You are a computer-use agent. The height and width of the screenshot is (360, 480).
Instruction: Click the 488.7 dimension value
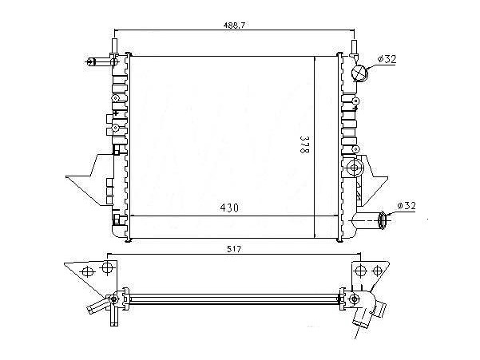tap(234, 26)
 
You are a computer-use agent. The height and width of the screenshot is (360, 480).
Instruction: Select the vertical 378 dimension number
tap(303, 144)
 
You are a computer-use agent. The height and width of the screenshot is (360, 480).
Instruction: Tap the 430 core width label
tap(229, 208)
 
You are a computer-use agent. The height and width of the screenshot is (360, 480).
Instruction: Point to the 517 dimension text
tap(234, 249)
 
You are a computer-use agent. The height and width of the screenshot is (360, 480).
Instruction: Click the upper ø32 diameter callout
tap(387, 59)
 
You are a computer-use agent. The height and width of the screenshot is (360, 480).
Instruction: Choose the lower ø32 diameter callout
tap(407, 206)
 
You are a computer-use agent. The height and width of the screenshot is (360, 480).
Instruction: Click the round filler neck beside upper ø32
tap(359, 73)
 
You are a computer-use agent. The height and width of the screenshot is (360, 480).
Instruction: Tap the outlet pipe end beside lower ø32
tap(383, 220)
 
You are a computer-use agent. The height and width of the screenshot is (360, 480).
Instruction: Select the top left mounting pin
tap(114, 46)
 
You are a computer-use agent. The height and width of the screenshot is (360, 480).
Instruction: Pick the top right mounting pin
tap(354, 46)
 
